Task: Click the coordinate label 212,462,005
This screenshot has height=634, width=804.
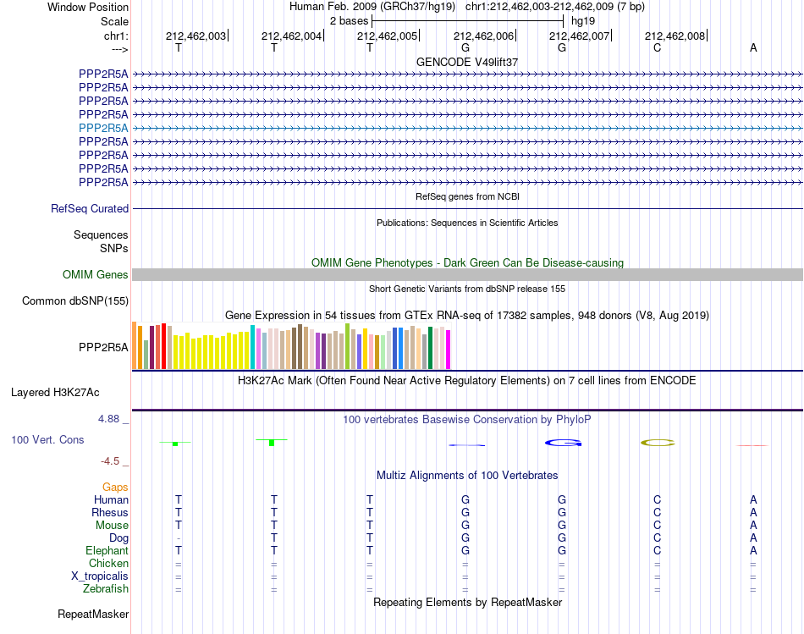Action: (387, 36)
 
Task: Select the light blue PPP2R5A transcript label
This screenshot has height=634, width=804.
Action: (103, 128)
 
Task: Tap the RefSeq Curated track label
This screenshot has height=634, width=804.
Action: (89, 209)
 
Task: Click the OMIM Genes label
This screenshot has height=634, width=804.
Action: (95, 275)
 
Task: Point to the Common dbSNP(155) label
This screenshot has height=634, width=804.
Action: (74, 301)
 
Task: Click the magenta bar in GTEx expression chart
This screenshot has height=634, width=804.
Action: (449, 350)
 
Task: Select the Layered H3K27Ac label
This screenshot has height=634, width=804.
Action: (55, 393)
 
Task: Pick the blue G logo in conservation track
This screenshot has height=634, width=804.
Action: (563, 443)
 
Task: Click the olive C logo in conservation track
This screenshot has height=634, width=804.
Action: (658, 443)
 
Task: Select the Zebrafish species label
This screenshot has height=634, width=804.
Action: (106, 589)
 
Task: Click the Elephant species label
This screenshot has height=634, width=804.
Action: (107, 551)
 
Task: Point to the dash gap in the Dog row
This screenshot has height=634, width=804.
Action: (179, 538)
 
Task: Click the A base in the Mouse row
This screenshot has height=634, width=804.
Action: (753, 526)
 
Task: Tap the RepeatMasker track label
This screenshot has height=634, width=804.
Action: (93, 614)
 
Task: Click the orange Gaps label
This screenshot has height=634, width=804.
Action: (115, 488)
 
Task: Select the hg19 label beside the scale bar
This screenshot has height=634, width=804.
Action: (583, 21)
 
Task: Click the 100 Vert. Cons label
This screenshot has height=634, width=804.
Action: (47, 440)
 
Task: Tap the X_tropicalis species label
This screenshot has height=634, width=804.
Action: (100, 576)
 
